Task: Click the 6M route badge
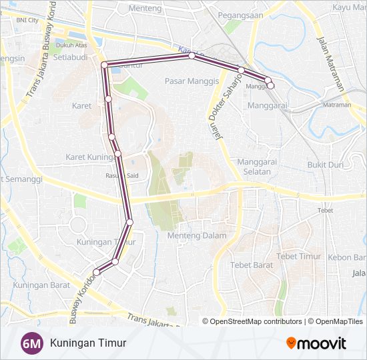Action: pyautogui.click(x=31, y=343)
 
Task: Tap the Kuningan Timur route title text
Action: pyautogui.click(x=87, y=343)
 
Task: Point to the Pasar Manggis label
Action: pyautogui.click(x=192, y=81)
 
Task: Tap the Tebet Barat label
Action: pyautogui.click(x=252, y=265)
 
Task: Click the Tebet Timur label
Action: pyautogui.click(x=299, y=256)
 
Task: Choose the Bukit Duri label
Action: pyautogui.click(x=325, y=165)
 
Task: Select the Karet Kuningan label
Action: pyautogui.click(x=89, y=157)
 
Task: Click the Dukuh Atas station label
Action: pyautogui.click(x=72, y=45)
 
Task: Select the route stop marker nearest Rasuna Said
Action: pyautogui.click(x=118, y=154)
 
